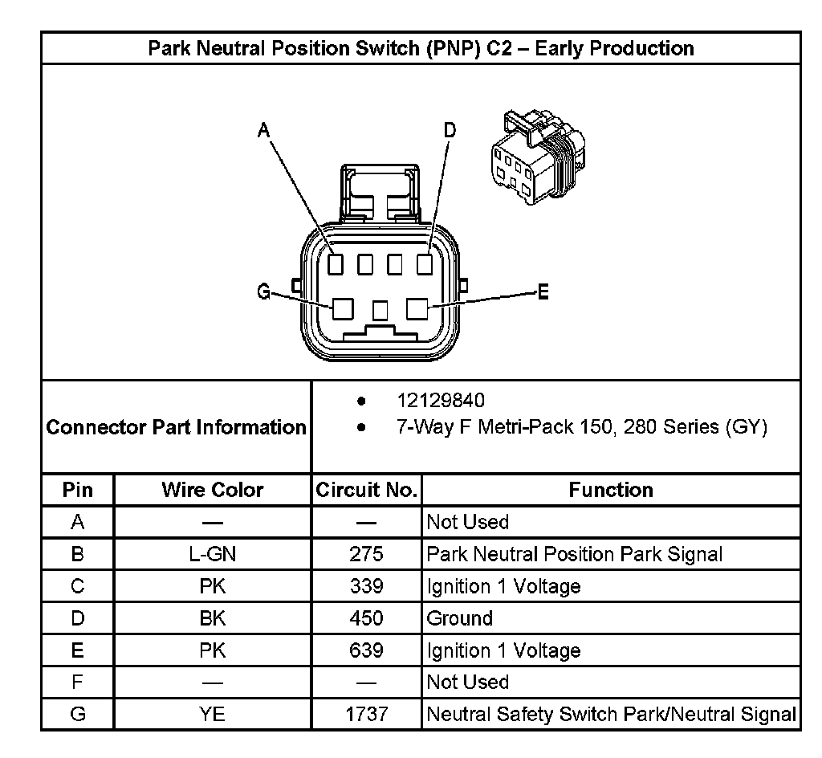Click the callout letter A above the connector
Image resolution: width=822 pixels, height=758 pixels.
(x=262, y=131)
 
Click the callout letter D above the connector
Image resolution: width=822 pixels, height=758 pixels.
(x=450, y=131)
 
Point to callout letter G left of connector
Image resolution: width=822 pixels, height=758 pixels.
(x=263, y=293)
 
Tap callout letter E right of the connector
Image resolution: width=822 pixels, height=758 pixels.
(x=543, y=293)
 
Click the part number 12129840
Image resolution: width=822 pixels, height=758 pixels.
(x=441, y=401)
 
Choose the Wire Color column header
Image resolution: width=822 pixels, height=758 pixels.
(x=213, y=490)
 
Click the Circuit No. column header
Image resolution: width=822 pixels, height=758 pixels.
(x=367, y=490)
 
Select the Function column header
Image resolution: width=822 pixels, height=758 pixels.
(x=611, y=490)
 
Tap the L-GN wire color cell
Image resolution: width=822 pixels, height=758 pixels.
(x=213, y=554)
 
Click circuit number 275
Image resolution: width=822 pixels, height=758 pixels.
(x=367, y=554)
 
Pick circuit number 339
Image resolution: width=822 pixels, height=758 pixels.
(x=367, y=586)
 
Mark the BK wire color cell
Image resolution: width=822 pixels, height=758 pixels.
(x=213, y=618)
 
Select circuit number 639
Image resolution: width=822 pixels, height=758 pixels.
(x=367, y=650)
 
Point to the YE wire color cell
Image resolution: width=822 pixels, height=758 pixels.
(x=213, y=714)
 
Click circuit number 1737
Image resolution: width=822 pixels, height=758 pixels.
(x=367, y=714)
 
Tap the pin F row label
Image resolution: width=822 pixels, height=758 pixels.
(x=78, y=683)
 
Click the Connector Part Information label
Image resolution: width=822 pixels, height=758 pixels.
(x=177, y=427)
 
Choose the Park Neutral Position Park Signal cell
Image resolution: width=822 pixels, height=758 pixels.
(x=575, y=554)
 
